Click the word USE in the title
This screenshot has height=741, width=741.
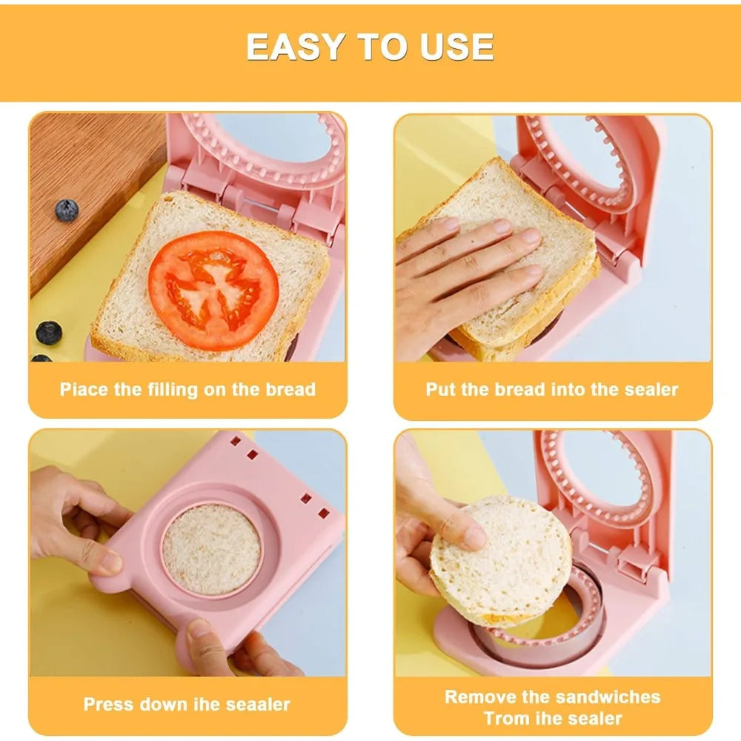(456, 47)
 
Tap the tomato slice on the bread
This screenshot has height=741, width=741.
(213, 290)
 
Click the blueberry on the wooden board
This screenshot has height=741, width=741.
(67, 210)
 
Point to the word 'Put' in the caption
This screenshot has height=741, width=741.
(440, 390)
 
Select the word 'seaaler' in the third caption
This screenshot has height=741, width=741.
(258, 704)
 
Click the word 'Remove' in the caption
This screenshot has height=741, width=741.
(474, 697)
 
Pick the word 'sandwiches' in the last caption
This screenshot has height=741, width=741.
(608, 697)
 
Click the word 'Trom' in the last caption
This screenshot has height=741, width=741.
(506, 718)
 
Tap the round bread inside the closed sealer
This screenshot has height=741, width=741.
(211, 549)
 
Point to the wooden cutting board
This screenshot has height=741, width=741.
(95, 189)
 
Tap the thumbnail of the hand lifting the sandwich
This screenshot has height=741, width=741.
(474, 538)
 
